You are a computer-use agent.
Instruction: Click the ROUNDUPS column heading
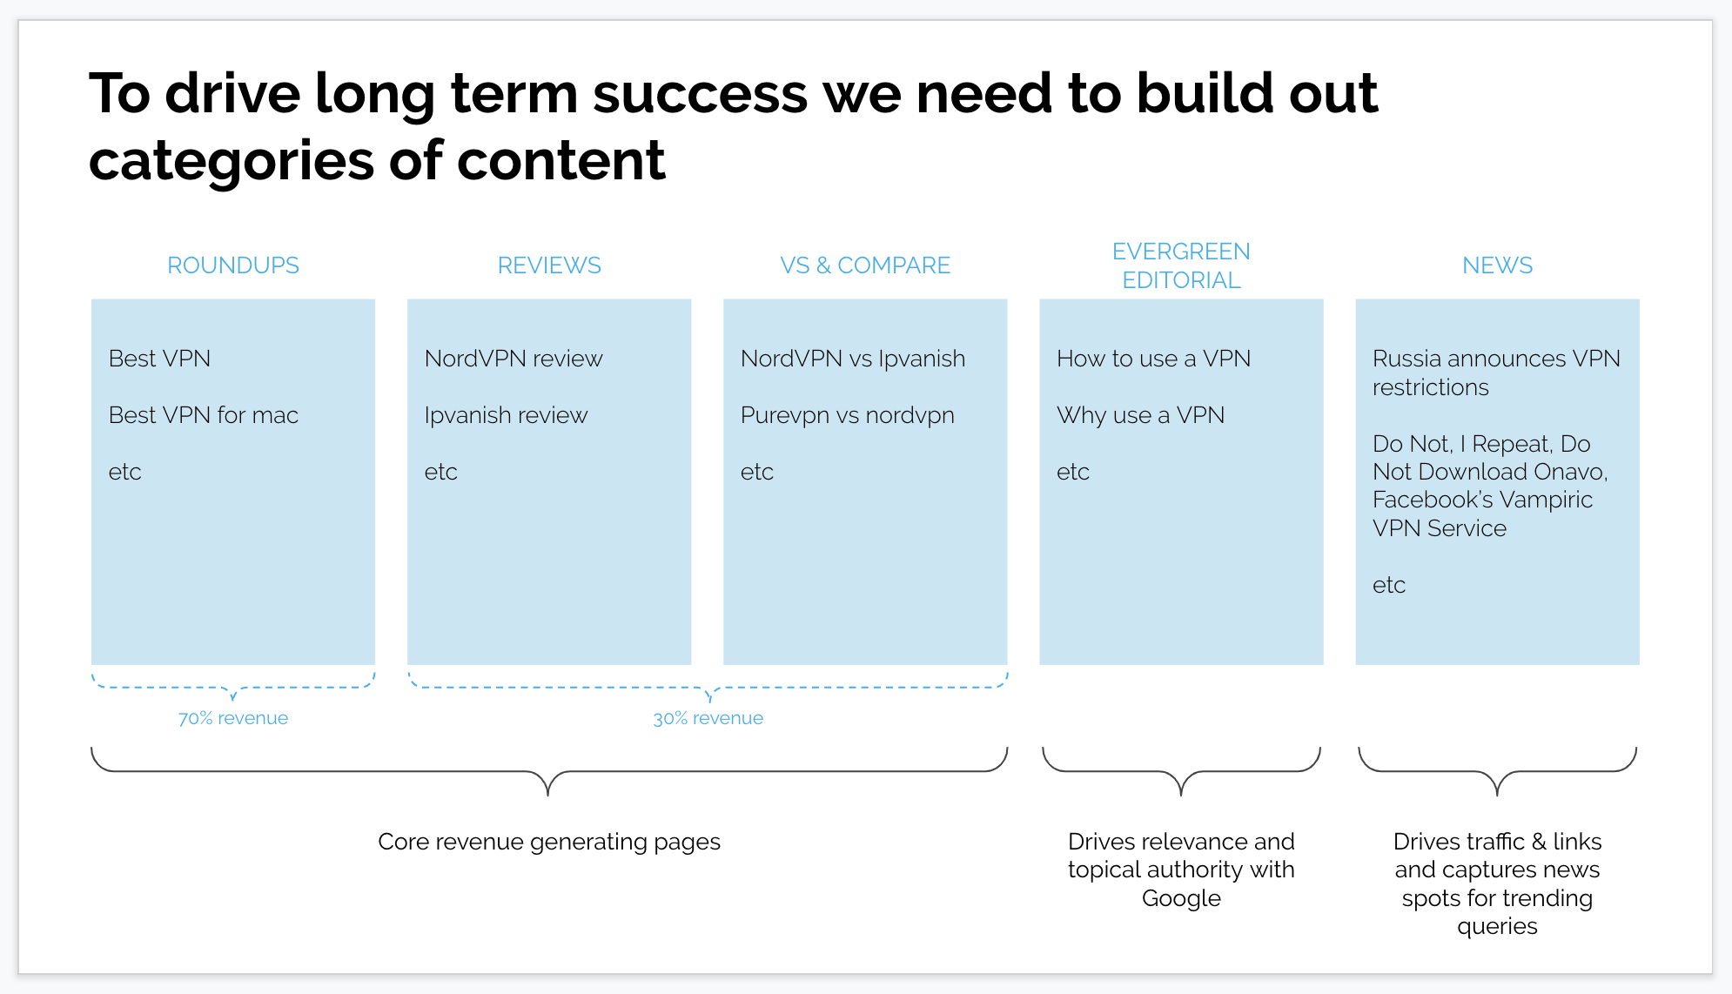(x=233, y=265)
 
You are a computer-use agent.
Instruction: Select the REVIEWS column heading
(x=549, y=265)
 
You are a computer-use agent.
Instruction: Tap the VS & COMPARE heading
(x=865, y=265)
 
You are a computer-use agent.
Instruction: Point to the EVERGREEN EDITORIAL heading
(x=1181, y=265)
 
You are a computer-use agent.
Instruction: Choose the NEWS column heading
(x=1497, y=265)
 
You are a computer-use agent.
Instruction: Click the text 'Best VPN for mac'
(x=204, y=415)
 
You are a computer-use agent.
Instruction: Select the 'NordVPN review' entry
(x=514, y=359)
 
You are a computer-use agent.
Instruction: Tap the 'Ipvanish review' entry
(x=506, y=415)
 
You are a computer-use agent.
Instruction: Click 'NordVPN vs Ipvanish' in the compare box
(x=853, y=359)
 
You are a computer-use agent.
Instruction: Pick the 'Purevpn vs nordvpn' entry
(x=848, y=415)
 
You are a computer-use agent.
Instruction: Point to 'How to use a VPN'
(x=1153, y=359)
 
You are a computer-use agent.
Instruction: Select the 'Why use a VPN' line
(x=1140, y=415)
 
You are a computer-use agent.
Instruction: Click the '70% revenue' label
(x=233, y=718)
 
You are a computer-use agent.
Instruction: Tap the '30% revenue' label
(x=708, y=718)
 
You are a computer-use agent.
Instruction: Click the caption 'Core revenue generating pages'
(x=549, y=842)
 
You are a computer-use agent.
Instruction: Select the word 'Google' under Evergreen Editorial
(x=1181, y=898)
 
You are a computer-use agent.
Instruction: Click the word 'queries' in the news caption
(x=1497, y=926)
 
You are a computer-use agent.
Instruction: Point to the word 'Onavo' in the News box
(x=1570, y=472)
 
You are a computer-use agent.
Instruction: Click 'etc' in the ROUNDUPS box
(x=124, y=472)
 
